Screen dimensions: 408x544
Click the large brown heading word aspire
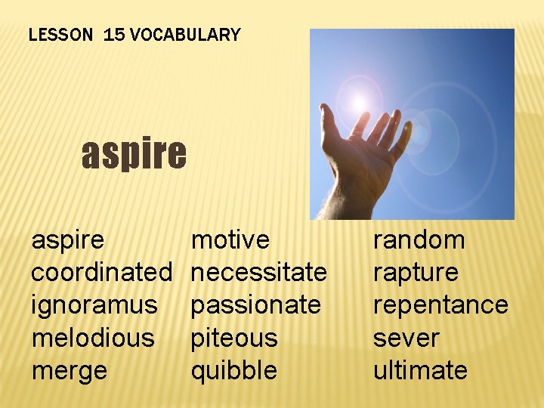point(134,153)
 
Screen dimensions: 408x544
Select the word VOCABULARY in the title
point(185,35)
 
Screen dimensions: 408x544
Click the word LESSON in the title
point(62,35)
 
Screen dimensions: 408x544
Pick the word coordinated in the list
point(103,272)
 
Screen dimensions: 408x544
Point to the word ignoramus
point(94,305)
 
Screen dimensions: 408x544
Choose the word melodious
point(93,338)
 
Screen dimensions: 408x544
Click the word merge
point(70,371)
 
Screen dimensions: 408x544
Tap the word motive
point(230,240)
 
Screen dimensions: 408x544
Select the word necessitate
point(258,272)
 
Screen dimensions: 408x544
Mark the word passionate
point(255,305)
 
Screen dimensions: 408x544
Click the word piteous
point(234,338)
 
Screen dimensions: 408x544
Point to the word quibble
point(234,370)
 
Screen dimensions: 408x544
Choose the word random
point(419,240)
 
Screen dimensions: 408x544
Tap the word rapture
point(416,272)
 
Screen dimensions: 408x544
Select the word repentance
point(440,305)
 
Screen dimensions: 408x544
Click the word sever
point(406,338)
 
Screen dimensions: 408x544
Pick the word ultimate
point(420,370)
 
